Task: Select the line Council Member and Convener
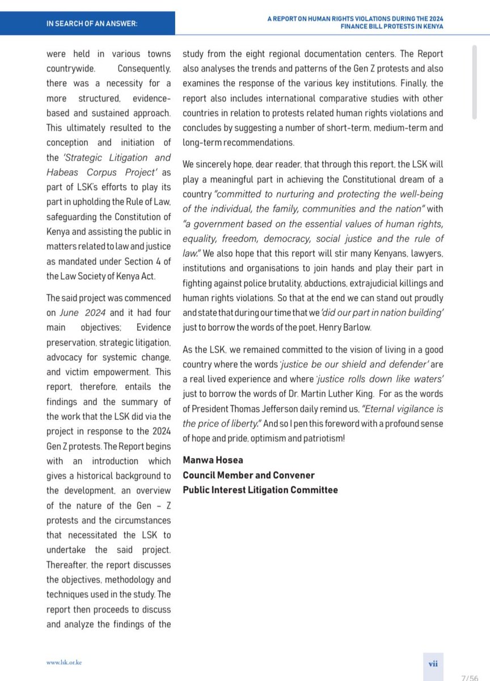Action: [248, 474]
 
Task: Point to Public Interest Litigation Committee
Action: [260, 490]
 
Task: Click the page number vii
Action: [432, 662]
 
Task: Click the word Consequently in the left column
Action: [145, 69]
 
